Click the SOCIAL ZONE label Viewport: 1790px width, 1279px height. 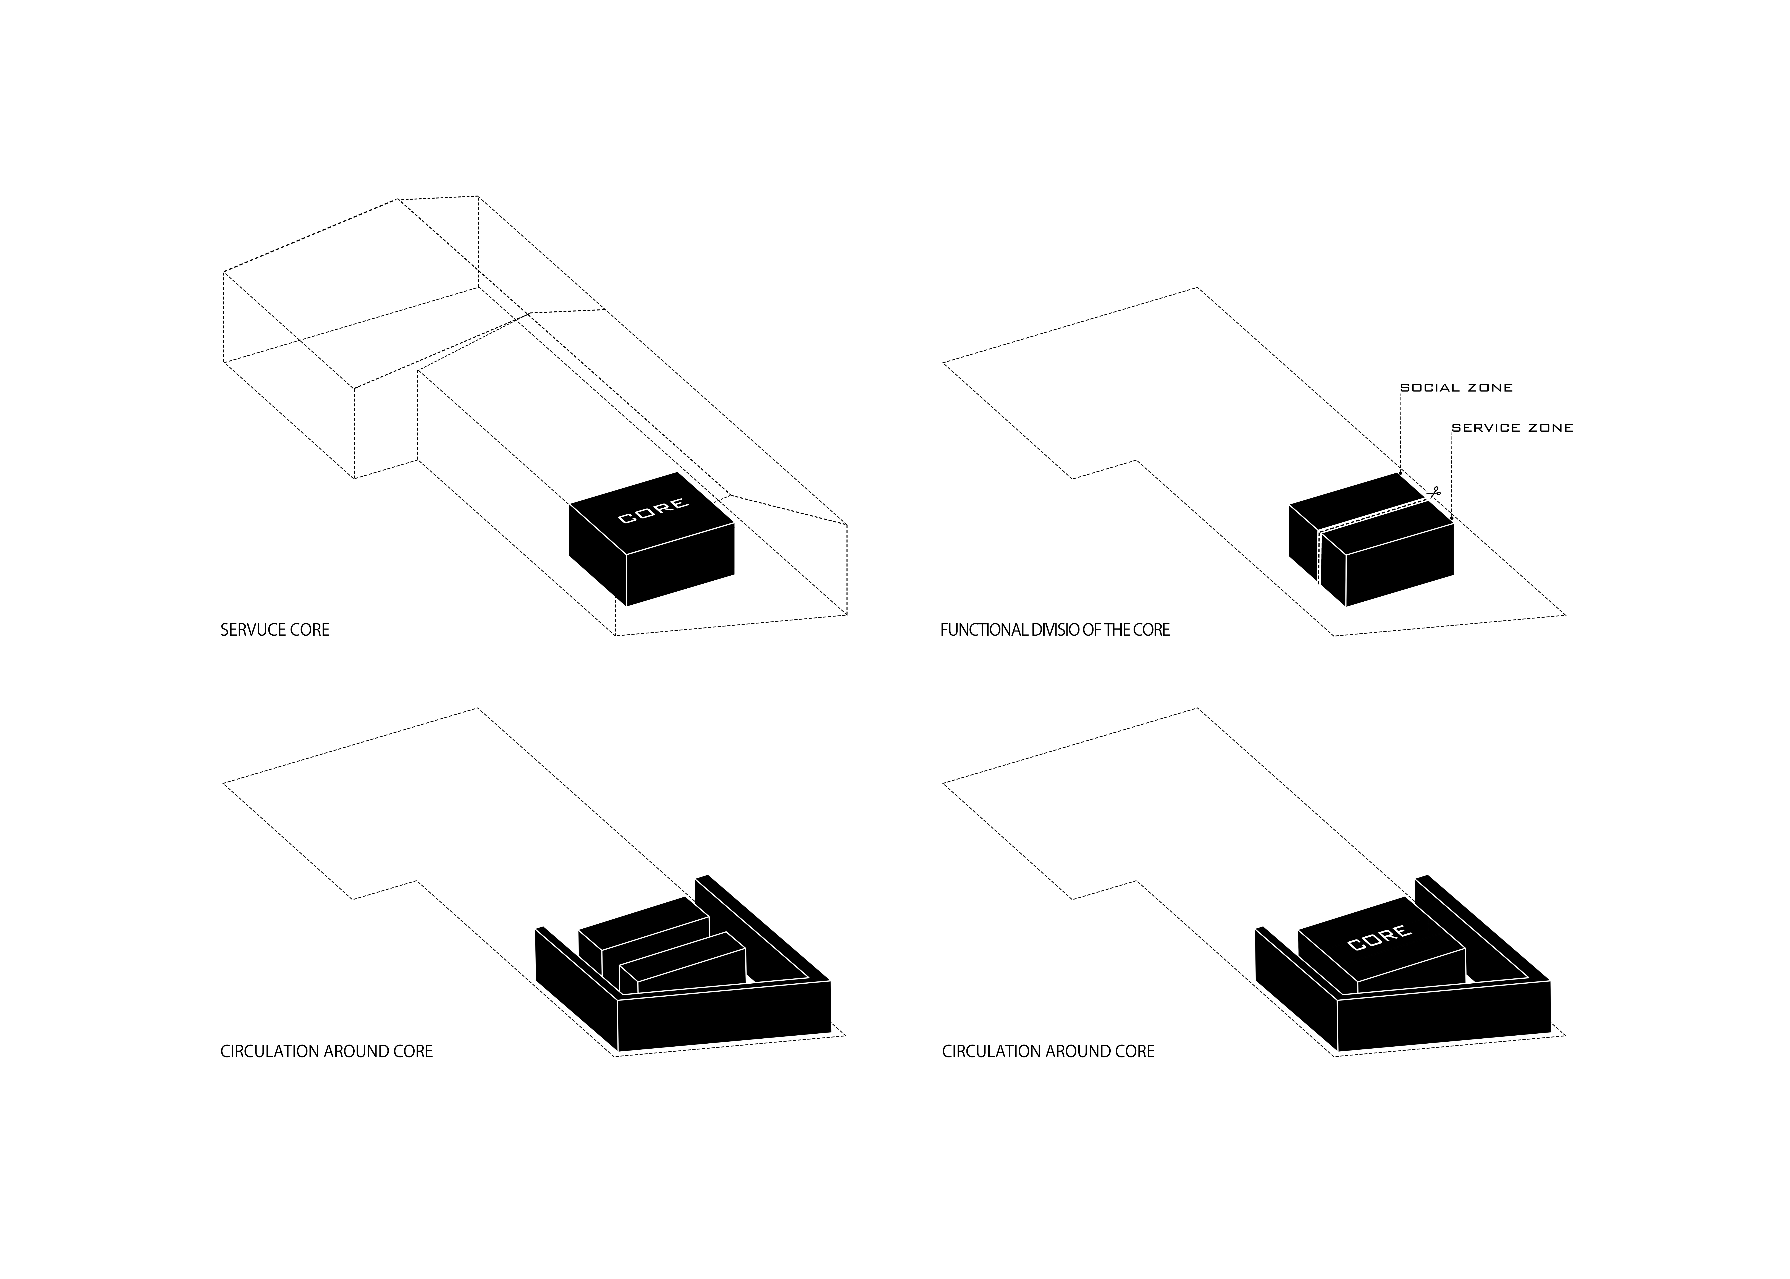[1456, 387]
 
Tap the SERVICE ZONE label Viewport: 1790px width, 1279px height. [1512, 428]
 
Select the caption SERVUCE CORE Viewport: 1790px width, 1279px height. [275, 630]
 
